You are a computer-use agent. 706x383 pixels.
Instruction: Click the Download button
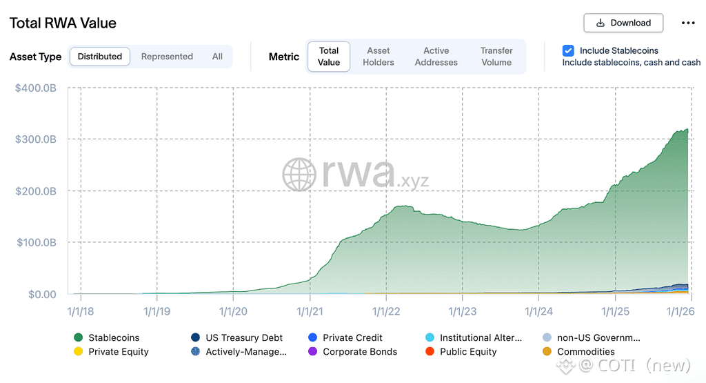(623, 23)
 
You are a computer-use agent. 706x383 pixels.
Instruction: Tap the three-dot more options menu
(688, 23)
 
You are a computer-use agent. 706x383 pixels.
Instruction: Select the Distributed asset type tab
(100, 57)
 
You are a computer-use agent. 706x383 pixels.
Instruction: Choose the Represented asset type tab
(167, 57)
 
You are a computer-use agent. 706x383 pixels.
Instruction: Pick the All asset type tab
(217, 57)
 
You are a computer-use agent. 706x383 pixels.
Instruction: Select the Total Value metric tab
(329, 57)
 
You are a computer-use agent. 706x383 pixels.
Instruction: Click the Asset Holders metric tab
(379, 57)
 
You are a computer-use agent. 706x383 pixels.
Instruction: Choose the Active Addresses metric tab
(436, 57)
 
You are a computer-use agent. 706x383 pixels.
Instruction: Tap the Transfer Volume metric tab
(496, 57)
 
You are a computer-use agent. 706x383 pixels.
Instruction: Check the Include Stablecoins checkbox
(568, 50)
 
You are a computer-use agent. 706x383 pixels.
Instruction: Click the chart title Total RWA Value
(63, 23)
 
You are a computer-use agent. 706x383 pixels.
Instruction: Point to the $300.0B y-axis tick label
(36, 139)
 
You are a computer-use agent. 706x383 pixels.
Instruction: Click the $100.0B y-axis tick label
(36, 242)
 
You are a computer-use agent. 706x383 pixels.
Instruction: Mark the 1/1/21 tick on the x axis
(311, 311)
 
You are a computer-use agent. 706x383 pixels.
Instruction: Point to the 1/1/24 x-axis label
(539, 311)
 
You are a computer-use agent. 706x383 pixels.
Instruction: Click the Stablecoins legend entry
(114, 337)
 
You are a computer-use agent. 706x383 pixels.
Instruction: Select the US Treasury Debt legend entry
(243, 337)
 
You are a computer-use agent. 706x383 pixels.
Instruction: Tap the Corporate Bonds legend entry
(359, 351)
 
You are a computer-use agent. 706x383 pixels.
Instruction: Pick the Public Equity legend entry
(467, 351)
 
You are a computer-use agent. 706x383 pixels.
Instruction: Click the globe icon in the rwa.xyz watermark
(299, 175)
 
